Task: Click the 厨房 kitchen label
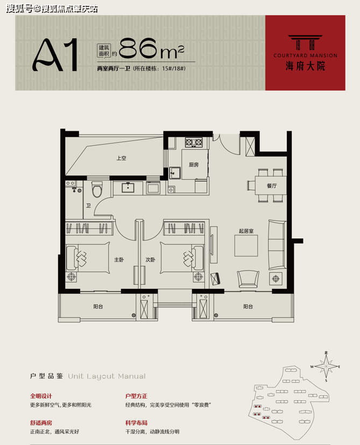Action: [x=194, y=165]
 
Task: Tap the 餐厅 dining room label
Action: [x=272, y=186]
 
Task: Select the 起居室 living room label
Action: [x=246, y=231]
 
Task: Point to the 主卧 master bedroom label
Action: [x=119, y=260]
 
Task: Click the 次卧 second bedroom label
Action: [x=150, y=260]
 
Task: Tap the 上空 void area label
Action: [x=121, y=158]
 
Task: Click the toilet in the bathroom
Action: [x=97, y=189]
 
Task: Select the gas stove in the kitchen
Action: [x=194, y=142]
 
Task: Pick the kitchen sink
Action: [x=175, y=173]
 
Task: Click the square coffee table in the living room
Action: [x=246, y=246]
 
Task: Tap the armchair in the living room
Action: [x=248, y=279]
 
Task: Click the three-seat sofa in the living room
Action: [x=277, y=244]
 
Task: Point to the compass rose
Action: [x=326, y=366]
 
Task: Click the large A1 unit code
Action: [x=55, y=54]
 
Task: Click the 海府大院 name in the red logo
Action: [x=305, y=66]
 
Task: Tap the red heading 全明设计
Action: [x=41, y=396]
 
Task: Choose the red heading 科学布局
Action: [x=137, y=423]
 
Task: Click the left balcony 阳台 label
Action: [x=98, y=307]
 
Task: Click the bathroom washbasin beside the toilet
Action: [x=128, y=188]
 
